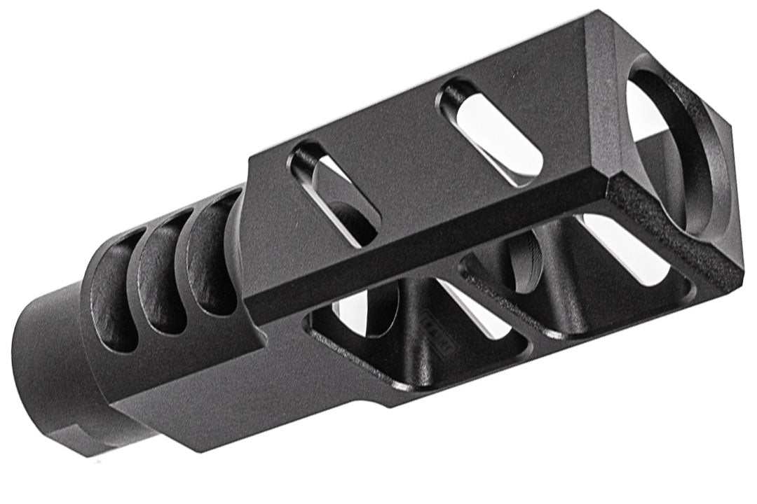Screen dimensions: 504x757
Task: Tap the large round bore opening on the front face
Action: point(673,147)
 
